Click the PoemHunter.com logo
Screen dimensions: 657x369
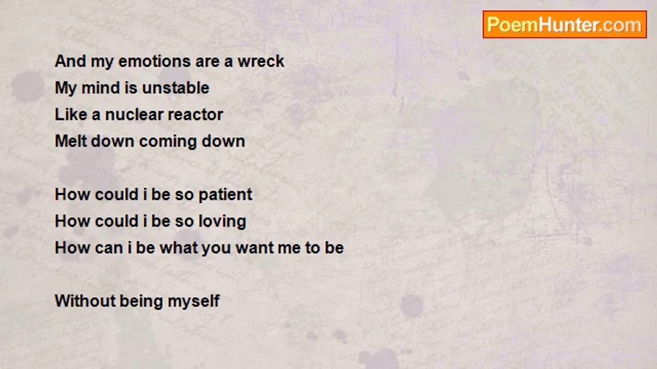(565, 25)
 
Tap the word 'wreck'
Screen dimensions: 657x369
(261, 61)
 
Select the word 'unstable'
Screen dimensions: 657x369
(176, 88)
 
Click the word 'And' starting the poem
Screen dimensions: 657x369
(70, 61)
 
